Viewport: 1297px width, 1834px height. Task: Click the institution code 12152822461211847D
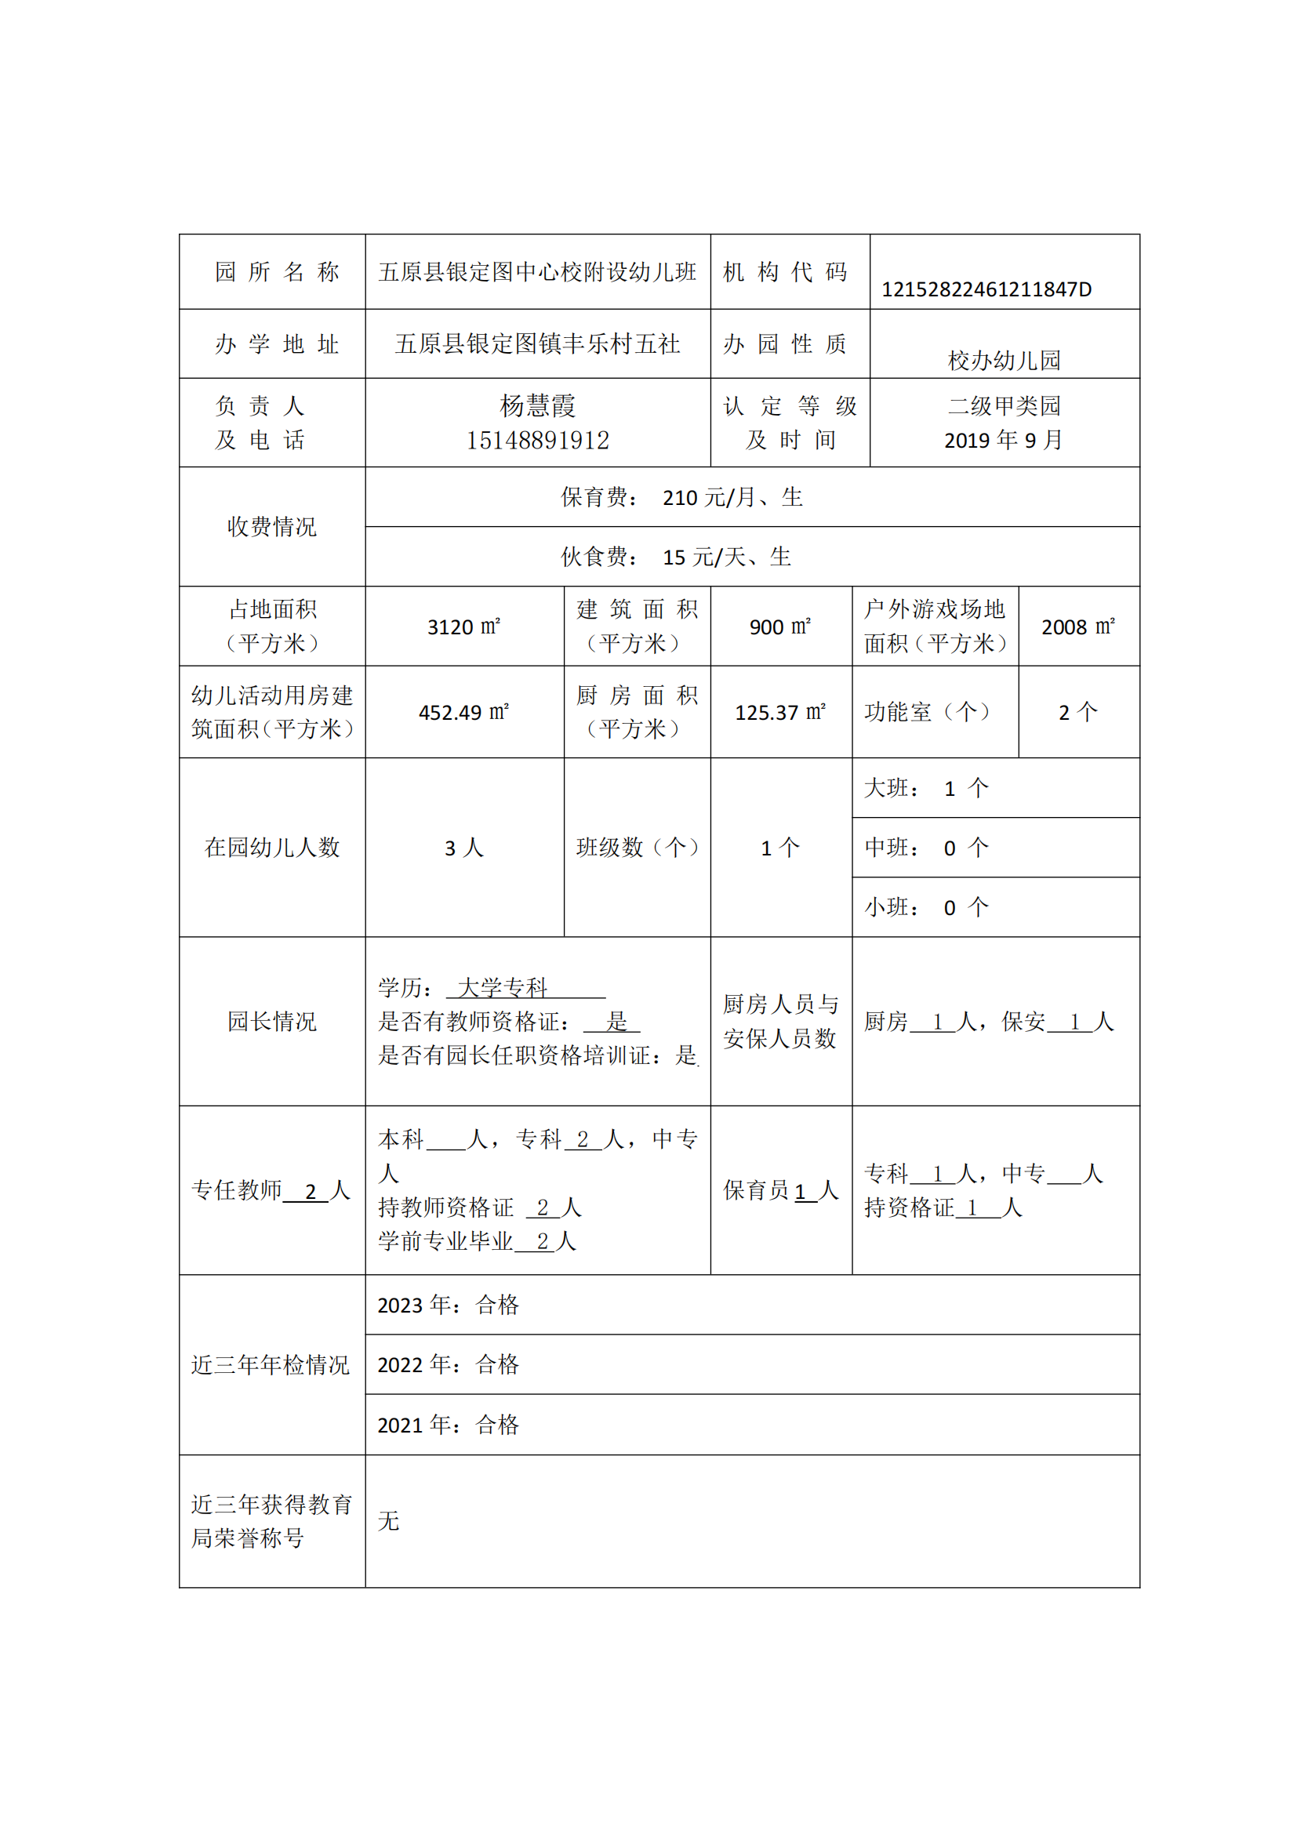click(986, 289)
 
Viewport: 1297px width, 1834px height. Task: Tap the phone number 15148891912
click(537, 440)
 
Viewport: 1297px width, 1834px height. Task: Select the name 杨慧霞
click(537, 406)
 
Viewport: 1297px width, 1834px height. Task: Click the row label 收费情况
click(271, 526)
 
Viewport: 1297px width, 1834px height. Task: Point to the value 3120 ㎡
click(464, 627)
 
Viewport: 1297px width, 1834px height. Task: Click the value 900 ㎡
click(780, 627)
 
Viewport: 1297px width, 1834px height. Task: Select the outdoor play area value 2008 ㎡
click(1078, 627)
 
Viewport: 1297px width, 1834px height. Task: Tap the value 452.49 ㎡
click(464, 713)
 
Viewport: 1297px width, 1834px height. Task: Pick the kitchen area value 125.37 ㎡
click(780, 713)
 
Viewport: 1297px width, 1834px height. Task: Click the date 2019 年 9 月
click(1003, 440)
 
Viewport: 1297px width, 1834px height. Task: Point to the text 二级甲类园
click(1004, 406)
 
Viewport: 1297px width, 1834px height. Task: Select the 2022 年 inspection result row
click(448, 1365)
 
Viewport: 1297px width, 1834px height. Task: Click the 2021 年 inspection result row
click(448, 1425)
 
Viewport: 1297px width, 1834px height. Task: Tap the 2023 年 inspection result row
click(448, 1306)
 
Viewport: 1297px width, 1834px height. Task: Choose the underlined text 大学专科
click(503, 988)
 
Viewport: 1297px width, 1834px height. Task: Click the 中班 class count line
click(926, 848)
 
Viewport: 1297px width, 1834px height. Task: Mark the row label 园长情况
click(271, 1021)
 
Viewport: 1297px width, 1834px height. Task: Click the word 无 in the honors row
click(389, 1521)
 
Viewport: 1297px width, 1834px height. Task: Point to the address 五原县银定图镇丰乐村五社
click(537, 344)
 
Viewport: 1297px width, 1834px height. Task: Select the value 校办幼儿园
click(1004, 360)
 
